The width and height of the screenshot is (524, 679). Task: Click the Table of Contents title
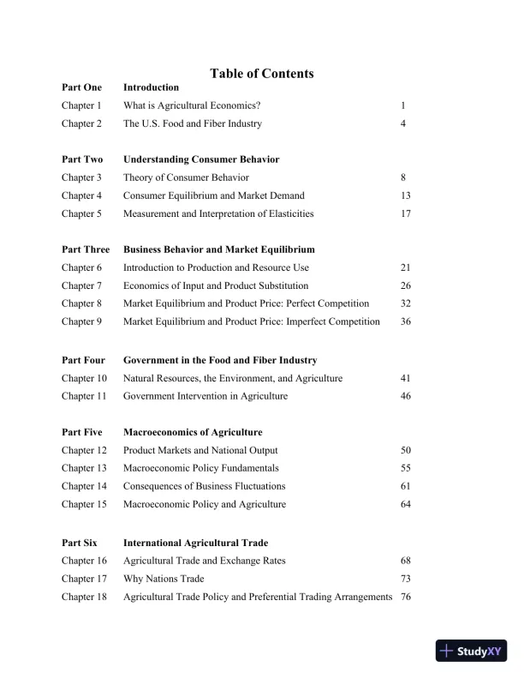(261, 74)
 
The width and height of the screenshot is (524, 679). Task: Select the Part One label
(81, 87)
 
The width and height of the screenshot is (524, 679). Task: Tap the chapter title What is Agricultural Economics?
(192, 105)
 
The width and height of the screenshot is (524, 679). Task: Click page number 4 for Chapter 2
(402, 123)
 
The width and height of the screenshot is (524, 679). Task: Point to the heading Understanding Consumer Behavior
(201, 159)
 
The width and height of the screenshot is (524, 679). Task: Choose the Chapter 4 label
(81, 195)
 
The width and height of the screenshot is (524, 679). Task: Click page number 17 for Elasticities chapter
(406, 213)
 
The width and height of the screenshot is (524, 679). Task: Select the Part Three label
(86, 249)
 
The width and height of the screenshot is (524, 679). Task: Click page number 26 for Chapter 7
(406, 285)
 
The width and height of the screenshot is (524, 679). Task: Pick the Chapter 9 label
(81, 321)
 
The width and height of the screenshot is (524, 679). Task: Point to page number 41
(406, 378)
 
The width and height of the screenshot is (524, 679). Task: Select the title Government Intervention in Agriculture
(205, 396)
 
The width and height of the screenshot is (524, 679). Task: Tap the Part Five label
(82, 432)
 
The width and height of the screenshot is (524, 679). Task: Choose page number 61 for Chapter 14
(406, 486)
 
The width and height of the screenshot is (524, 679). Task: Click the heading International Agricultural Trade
(195, 543)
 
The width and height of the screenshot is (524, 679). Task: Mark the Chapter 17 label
(84, 579)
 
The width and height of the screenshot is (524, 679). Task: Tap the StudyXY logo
(471, 651)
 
